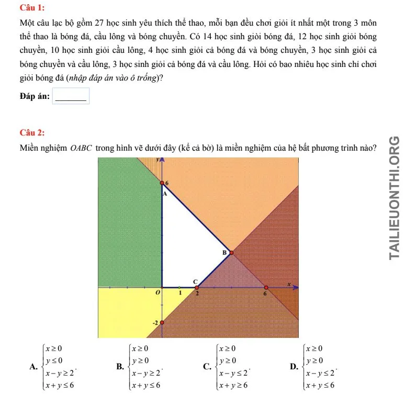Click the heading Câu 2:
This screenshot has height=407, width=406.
pyautogui.click(x=32, y=132)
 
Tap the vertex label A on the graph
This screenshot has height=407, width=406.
pyautogui.click(x=164, y=193)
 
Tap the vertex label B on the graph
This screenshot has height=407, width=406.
pyautogui.click(x=225, y=252)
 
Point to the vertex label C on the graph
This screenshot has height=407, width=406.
pyautogui.click(x=196, y=281)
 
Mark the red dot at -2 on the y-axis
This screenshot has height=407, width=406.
pyautogui.click(x=162, y=322)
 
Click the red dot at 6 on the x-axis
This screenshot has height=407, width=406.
pyautogui.click(x=266, y=288)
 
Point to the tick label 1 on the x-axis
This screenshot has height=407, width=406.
pyautogui.click(x=179, y=293)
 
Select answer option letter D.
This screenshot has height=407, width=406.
pyautogui.click(x=294, y=367)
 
